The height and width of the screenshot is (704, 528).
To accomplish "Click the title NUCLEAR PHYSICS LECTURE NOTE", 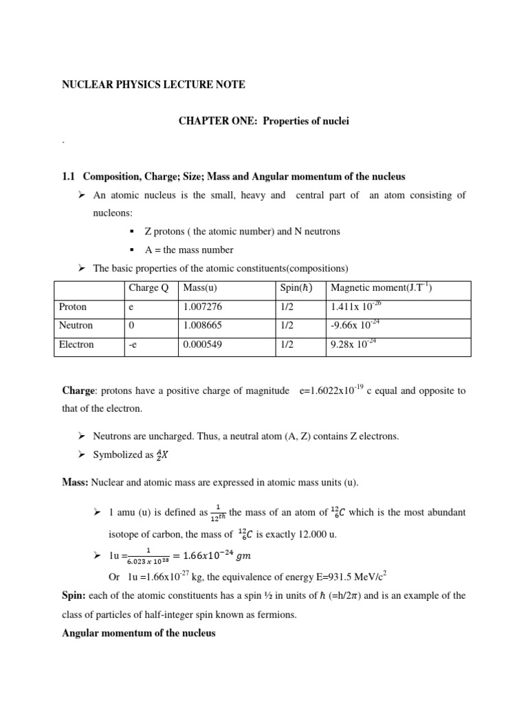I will tap(153, 85).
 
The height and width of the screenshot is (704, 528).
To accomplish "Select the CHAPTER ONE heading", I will tap(264, 122).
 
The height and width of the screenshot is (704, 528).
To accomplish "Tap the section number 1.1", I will tap(68, 177).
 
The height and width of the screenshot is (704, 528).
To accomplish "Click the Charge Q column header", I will tap(148, 287).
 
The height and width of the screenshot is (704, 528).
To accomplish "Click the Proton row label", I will tap(74, 307).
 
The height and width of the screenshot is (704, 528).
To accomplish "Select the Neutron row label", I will tap(76, 325).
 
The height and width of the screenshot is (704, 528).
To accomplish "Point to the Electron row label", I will tap(77, 344).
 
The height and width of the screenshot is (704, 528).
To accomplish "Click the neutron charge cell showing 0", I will tap(131, 325).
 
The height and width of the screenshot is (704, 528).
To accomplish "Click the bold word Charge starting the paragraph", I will tap(78, 390).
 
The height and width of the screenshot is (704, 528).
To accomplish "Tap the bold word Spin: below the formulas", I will tap(74, 595).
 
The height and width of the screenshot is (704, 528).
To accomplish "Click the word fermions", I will tap(278, 615).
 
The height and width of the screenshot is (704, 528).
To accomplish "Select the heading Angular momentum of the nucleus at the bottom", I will tap(139, 633).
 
